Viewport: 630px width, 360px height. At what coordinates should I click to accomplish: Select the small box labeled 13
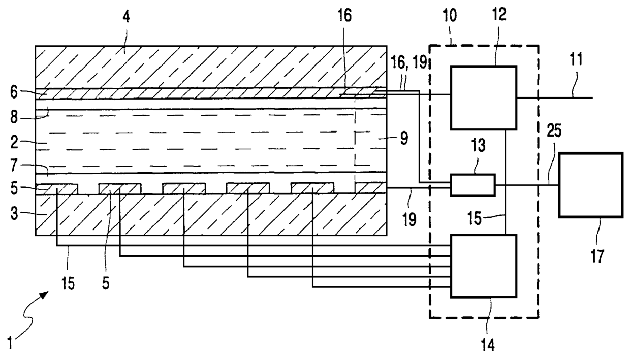click(x=472, y=185)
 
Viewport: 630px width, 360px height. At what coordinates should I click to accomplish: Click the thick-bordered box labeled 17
click(x=591, y=185)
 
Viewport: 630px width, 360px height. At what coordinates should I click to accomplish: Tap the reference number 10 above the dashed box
click(x=449, y=15)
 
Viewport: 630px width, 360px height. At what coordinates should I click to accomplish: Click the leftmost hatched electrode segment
click(x=57, y=188)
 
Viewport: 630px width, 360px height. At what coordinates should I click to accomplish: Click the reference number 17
click(x=598, y=255)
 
